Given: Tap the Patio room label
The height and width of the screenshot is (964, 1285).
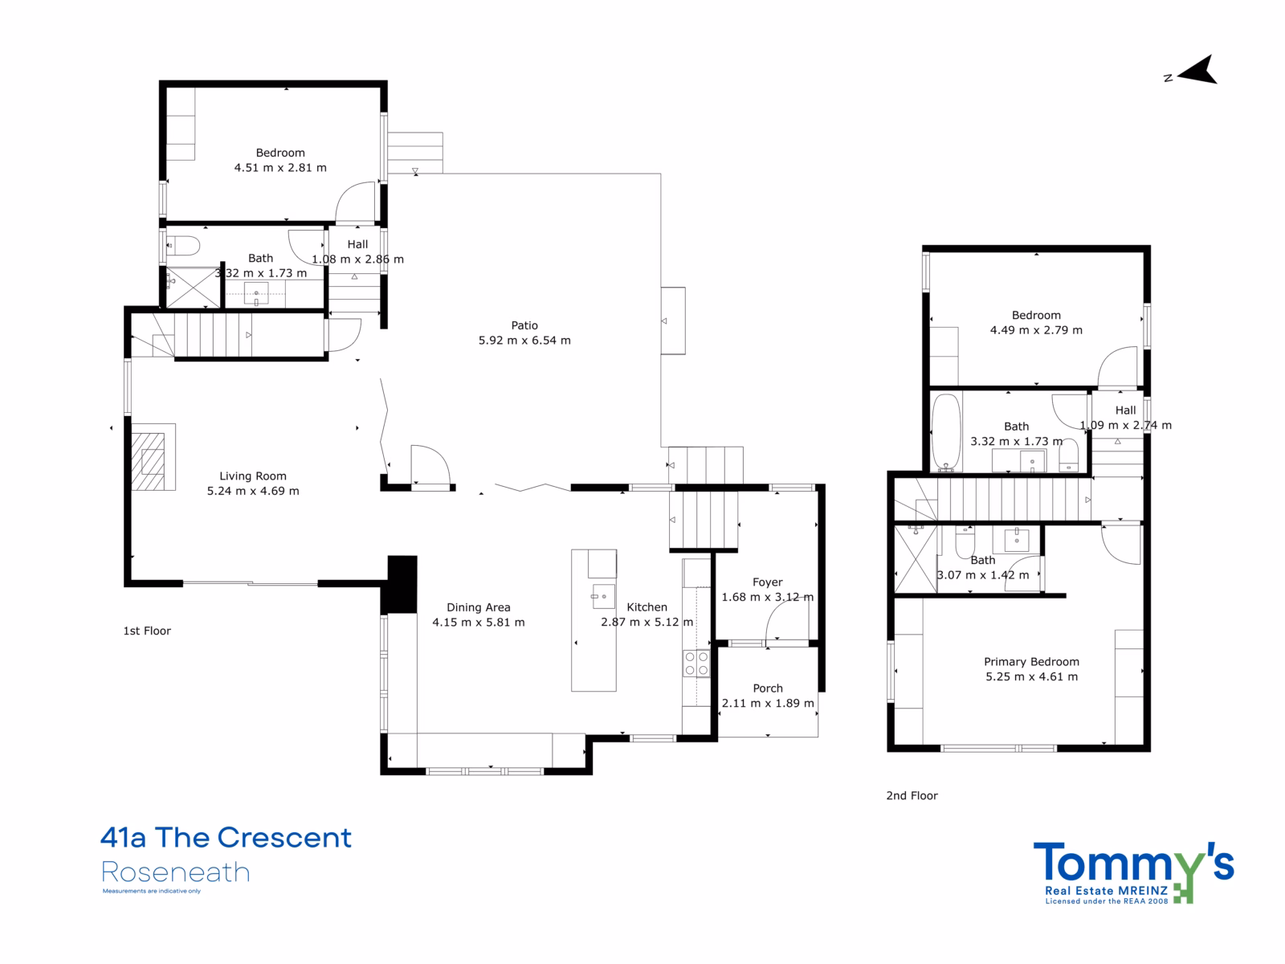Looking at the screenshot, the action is pos(524,325).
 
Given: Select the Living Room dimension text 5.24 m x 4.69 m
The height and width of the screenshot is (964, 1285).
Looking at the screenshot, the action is pos(253,491).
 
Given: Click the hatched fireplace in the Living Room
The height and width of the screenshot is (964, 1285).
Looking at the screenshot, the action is pos(148,461).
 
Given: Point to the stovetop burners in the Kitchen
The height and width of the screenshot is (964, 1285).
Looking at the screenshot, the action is pos(696,664).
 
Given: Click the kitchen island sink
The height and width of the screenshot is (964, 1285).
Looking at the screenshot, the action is pos(603,596).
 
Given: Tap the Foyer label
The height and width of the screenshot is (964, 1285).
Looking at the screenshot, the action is pos(767,582).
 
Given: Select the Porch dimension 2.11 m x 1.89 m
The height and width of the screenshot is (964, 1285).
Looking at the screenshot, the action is pos(768,703).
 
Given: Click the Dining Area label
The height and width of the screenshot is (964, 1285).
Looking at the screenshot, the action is pos(479,607).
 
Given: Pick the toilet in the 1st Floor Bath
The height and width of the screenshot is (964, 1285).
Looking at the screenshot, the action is pos(183,246).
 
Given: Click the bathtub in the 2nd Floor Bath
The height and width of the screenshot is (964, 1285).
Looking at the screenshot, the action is pos(945,431).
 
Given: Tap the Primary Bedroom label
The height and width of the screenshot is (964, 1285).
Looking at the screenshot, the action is pos(1031,662).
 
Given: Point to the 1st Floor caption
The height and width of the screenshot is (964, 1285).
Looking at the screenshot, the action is pos(147,631).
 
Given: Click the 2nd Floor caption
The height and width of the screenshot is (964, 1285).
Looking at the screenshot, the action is pos(912,796).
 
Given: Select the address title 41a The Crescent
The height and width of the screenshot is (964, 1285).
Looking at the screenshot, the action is pos(226,838).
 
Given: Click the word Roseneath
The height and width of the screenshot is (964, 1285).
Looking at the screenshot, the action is pos(176,872).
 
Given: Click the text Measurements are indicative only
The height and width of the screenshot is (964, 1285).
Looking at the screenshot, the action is pos(152,892).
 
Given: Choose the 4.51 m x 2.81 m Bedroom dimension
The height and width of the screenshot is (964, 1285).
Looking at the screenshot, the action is pos(280,168).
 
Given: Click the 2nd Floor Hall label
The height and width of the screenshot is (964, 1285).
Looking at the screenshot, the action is pos(1125,411).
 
